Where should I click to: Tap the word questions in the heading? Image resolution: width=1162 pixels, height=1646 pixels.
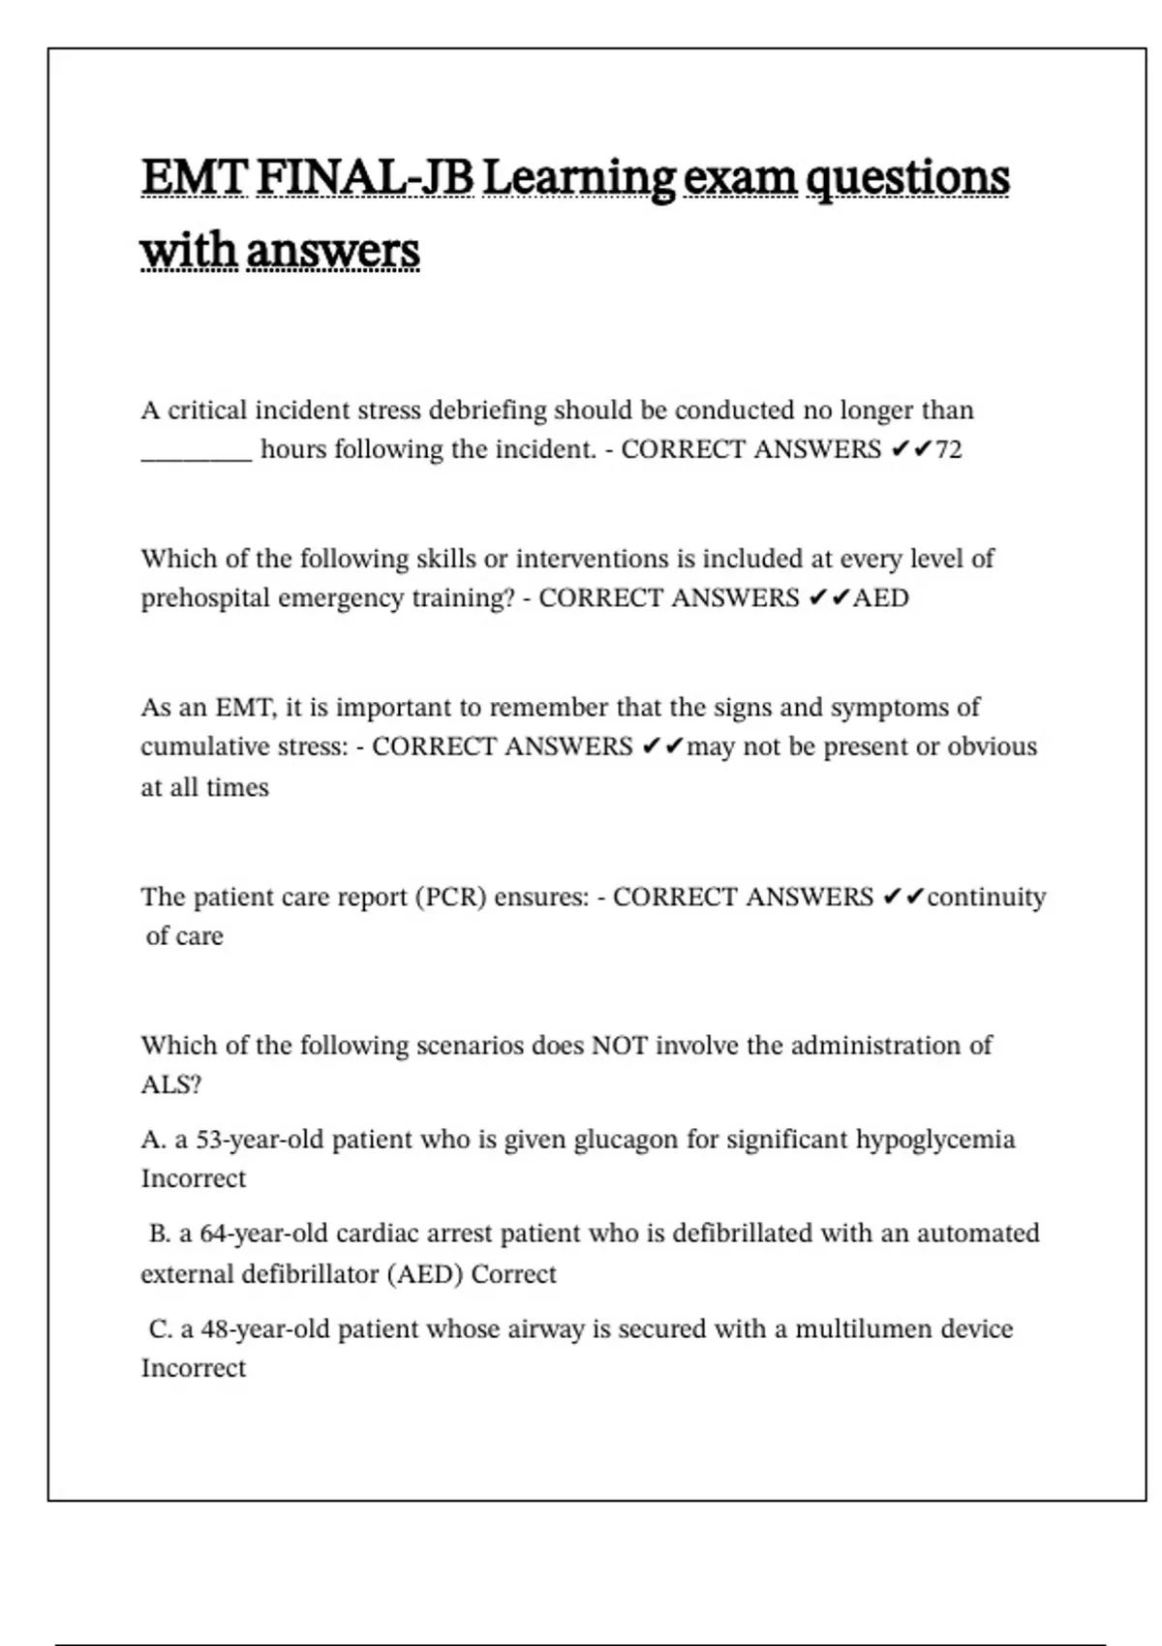[907, 178]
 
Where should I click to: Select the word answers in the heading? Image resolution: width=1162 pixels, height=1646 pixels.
[332, 252]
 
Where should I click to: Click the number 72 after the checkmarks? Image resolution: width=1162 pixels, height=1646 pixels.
[949, 450]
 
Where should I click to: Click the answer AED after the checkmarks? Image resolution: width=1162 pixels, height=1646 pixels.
[880, 598]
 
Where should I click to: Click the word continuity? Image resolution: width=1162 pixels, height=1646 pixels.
[986, 898]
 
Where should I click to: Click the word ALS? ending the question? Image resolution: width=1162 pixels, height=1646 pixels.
[170, 1085]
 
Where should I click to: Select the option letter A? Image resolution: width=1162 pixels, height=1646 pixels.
[153, 1141]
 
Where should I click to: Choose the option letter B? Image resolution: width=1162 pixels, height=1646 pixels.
[160, 1234]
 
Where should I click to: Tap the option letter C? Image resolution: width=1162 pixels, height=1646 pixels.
[160, 1329]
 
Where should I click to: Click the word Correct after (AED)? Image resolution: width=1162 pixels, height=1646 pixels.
[513, 1274]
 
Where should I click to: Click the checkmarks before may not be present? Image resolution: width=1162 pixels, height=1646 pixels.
[662, 747]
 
